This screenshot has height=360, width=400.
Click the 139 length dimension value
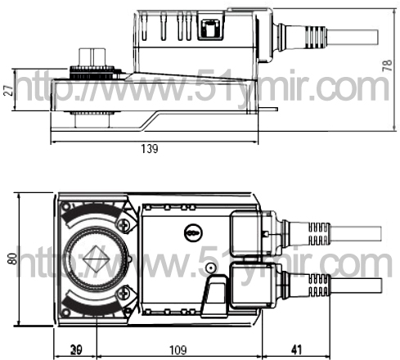[x=150, y=149]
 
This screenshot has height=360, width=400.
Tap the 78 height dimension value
[x=387, y=65]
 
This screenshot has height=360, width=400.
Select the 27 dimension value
[x=8, y=90]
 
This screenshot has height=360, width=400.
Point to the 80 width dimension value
[x=12, y=259]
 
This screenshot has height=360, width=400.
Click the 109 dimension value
[x=178, y=350]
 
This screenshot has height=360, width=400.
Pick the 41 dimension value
[x=296, y=350]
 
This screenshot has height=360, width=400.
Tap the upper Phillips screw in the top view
[x=124, y=224]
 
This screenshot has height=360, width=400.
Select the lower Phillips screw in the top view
[x=124, y=293]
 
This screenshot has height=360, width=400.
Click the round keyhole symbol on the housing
[x=193, y=233]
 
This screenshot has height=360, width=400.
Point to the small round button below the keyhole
[x=210, y=268]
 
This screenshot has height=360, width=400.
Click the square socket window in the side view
[x=210, y=27]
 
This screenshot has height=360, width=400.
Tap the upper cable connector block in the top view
[x=246, y=233]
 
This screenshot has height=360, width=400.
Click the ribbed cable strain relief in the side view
[x=316, y=37]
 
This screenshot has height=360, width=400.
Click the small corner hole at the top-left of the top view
[x=65, y=206]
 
